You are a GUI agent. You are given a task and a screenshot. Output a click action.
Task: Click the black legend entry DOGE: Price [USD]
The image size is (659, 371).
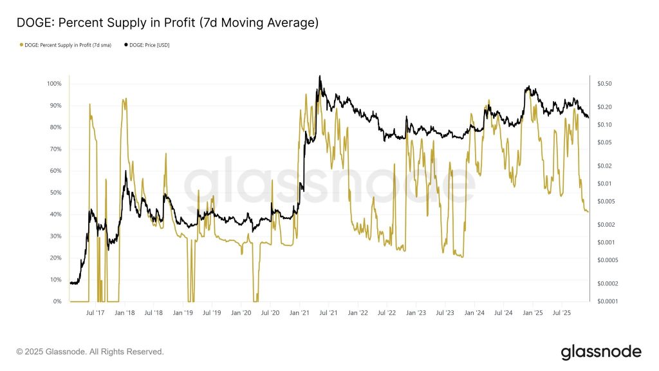pos(147,45)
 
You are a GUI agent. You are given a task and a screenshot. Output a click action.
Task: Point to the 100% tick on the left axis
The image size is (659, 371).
pos(54,84)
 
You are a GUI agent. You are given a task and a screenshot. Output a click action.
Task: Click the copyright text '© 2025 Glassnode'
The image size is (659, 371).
pos(90,352)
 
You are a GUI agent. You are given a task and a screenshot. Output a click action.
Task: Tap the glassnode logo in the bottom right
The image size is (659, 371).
pos(601,352)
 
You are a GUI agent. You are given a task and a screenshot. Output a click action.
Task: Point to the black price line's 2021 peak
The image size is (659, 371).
pos(320,76)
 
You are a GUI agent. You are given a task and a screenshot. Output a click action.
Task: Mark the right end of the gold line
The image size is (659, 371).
pos(588,212)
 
